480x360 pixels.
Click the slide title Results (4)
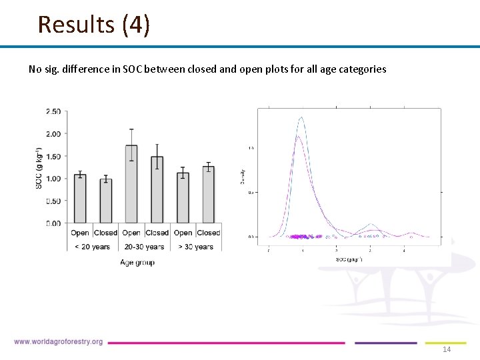(x=94, y=25)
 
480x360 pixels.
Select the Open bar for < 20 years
(x=80, y=199)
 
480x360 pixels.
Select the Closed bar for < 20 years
(x=105, y=201)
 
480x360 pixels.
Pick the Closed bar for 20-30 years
(x=157, y=189)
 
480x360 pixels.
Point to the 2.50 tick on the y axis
(x=53, y=111)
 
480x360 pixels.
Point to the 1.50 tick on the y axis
(x=53, y=156)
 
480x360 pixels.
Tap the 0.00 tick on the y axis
(x=53, y=223)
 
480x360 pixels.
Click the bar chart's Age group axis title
(x=137, y=263)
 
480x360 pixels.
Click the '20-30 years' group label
(x=144, y=247)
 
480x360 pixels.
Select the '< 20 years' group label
(x=93, y=247)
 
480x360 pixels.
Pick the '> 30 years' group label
(x=195, y=247)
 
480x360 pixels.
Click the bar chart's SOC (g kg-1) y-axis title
(x=39, y=167)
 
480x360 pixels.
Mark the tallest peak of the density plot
(x=302, y=118)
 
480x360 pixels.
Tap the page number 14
(x=447, y=350)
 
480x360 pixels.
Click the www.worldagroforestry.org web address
(x=58, y=342)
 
